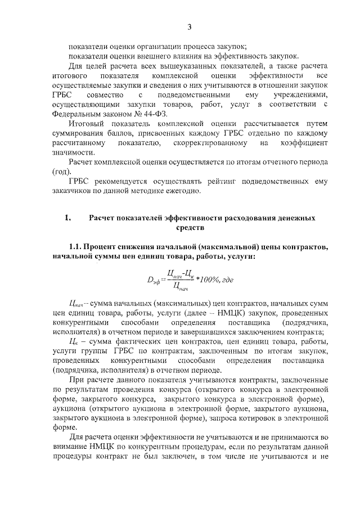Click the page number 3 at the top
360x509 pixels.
coord(189,26)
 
